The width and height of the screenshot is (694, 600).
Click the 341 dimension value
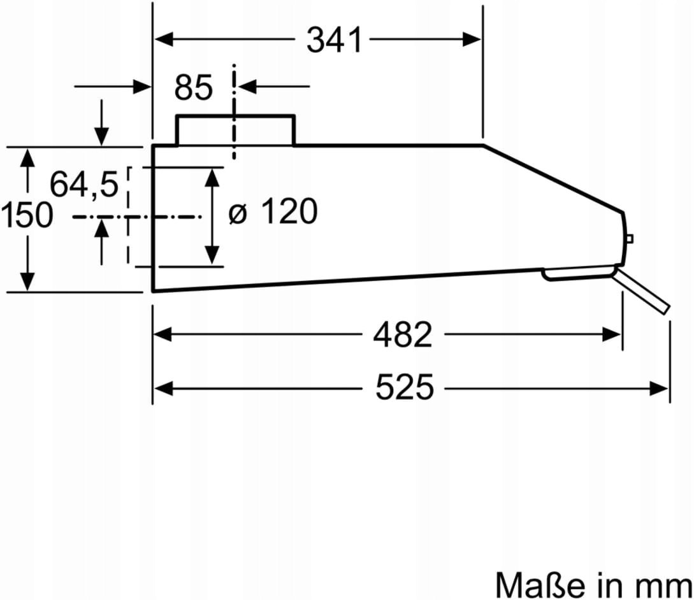click(334, 40)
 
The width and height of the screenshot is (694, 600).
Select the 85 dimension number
click(194, 87)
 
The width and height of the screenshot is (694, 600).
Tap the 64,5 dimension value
click(84, 184)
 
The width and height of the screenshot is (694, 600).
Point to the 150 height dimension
click(27, 215)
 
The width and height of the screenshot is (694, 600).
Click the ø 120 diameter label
click(273, 211)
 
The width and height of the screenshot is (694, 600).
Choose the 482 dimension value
click(402, 334)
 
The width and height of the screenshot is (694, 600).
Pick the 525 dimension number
click(405, 387)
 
